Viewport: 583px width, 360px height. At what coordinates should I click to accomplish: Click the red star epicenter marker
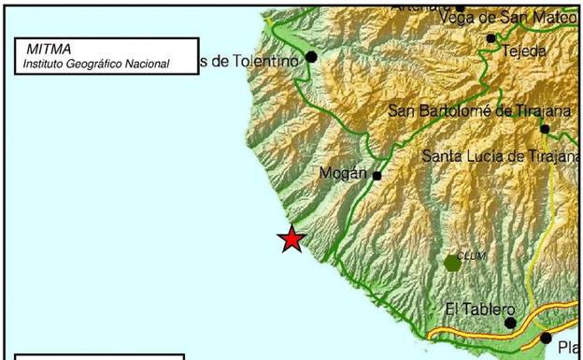point(292,239)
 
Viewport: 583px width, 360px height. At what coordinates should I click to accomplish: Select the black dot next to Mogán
point(377,175)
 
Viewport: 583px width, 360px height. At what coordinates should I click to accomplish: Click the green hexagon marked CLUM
point(453,263)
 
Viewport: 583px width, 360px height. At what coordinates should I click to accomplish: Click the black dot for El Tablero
point(511,323)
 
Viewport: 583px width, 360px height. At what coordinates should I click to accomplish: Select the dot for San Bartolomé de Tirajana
point(545,129)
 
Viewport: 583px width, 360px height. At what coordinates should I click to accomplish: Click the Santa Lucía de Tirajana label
point(501,156)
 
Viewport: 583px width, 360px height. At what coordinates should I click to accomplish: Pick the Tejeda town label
point(524,51)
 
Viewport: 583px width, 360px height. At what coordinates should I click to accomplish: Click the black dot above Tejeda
point(491,38)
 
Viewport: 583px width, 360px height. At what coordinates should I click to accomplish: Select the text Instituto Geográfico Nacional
point(97,64)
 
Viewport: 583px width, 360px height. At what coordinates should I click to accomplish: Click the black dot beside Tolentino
point(311,57)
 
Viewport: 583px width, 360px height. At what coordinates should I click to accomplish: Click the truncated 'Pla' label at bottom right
point(569,349)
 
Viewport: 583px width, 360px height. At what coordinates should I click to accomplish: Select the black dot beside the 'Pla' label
point(546,338)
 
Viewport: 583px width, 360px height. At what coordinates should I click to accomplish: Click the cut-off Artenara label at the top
point(420,5)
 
